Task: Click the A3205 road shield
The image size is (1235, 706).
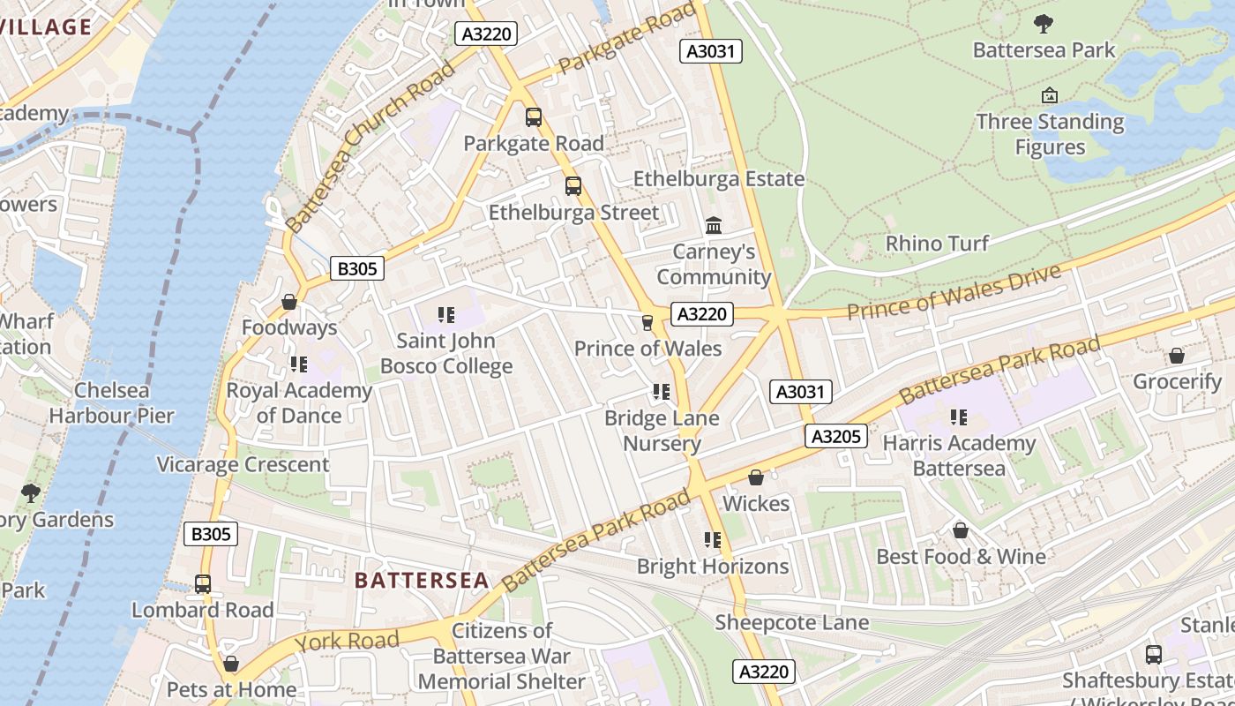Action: tap(836, 436)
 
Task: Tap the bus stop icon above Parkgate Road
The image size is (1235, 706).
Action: tap(533, 117)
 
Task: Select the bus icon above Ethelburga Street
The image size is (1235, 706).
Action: tap(573, 186)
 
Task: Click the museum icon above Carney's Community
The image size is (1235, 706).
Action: tap(714, 226)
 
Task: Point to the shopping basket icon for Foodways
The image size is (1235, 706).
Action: tap(288, 302)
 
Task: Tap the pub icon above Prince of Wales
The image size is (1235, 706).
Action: tap(647, 323)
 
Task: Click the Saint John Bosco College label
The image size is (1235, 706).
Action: tap(445, 353)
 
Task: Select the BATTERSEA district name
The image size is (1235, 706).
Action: tap(421, 580)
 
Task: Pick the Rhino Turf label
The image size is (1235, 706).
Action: tap(937, 243)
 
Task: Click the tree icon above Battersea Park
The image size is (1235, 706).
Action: tap(1044, 24)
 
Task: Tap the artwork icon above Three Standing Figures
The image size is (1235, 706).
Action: tap(1050, 95)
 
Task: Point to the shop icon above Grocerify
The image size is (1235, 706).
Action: tap(1176, 356)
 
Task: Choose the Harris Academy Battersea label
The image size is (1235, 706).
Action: tap(959, 455)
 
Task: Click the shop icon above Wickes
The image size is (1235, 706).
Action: tap(756, 477)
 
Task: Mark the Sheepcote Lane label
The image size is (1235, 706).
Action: tap(791, 622)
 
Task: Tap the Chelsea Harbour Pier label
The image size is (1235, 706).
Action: tap(111, 402)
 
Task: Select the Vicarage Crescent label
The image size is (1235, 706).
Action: tap(243, 464)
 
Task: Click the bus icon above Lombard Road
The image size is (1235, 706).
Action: tap(203, 584)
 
